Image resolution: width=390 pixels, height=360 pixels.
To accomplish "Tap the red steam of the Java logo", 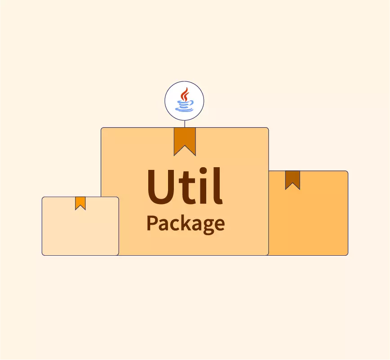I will tap(184, 95).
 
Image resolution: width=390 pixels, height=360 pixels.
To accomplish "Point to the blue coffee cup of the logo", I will tap(184, 105).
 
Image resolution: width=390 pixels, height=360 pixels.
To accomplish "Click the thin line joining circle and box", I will tap(184, 124).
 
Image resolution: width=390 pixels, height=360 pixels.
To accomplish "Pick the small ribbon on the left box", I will tap(80, 203).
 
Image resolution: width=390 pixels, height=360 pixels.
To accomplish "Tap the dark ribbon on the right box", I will tap(292, 179).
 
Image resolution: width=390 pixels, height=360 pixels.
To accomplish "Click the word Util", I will tap(184, 185).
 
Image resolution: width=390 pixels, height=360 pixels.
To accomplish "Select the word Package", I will tap(185, 223).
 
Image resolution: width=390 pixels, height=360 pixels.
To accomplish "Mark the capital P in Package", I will tap(152, 222).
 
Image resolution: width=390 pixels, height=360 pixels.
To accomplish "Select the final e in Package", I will tap(219, 224).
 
